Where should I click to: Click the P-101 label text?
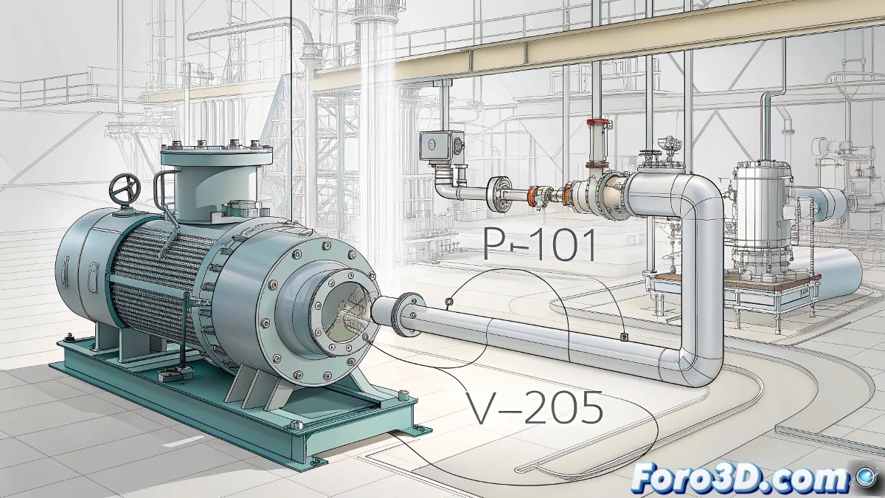(540, 245)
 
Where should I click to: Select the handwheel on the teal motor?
(125, 190)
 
